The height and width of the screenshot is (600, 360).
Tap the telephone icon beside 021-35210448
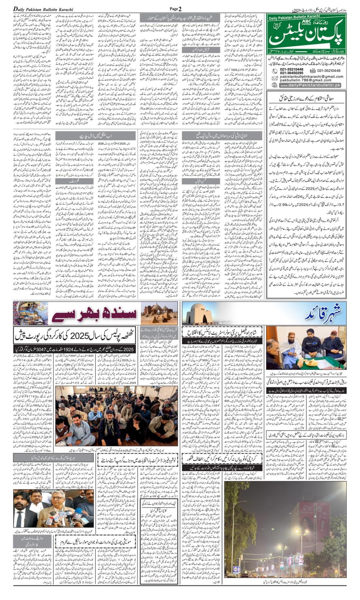click(275, 71)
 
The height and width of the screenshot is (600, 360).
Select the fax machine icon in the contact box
click(313, 71)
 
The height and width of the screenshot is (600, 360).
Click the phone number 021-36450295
click(292, 73)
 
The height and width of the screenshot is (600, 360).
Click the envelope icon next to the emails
click(275, 78)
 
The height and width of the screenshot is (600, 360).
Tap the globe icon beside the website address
click(275, 86)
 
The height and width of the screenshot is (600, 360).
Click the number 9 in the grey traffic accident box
click(31, 545)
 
